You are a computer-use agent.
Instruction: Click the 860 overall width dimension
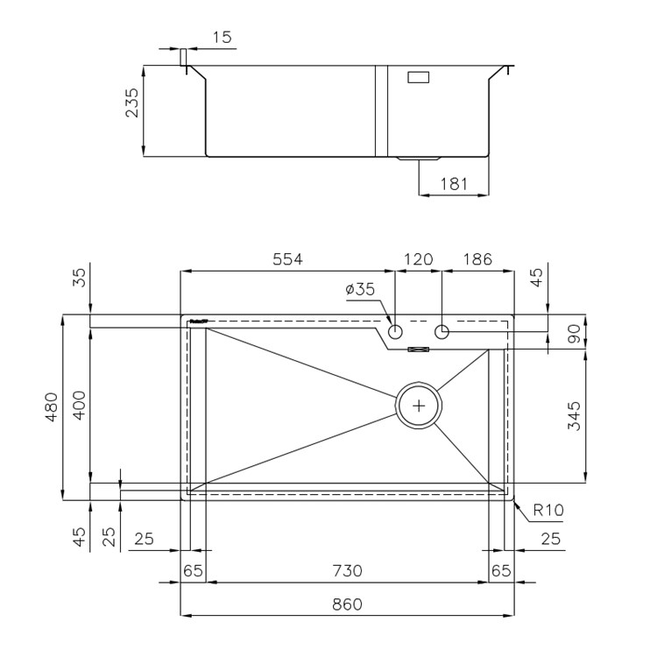pos(347,604)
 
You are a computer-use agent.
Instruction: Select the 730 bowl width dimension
pos(347,570)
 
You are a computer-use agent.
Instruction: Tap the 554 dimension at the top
pos(287,259)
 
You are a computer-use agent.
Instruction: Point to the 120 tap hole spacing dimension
pos(418,259)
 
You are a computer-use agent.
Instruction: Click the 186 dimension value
pos(477,259)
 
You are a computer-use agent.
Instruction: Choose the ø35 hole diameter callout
pos(360,289)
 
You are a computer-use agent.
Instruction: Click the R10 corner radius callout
pos(548,510)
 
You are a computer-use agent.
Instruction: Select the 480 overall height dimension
pos(52,406)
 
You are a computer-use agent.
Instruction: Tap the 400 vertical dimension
pos(79,406)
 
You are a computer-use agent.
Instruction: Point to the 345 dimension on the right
pos(574,415)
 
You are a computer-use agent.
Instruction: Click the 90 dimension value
pos(574,334)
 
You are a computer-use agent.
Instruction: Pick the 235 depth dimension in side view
pos(131,102)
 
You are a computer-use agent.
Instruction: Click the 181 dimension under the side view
pos(454,184)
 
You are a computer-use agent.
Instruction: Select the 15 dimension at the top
pos(223,38)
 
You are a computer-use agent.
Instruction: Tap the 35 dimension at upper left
pos(79,278)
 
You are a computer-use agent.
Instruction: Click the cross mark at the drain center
pos(419,406)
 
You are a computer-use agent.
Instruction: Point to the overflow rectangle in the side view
pos(419,77)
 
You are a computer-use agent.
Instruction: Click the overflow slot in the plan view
pos(419,349)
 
